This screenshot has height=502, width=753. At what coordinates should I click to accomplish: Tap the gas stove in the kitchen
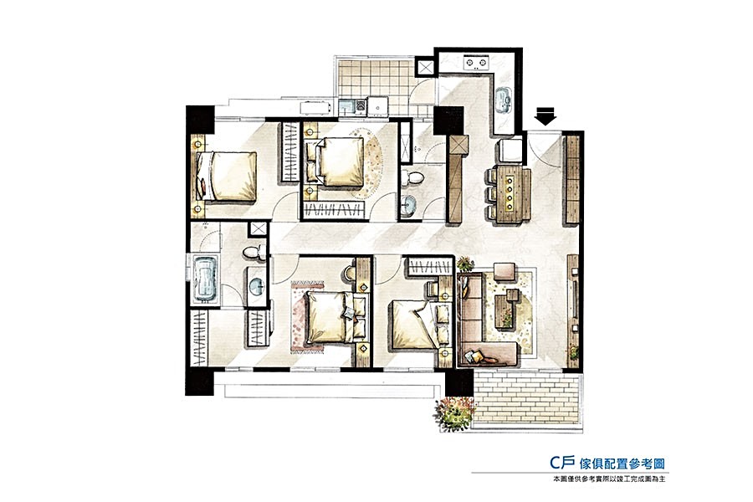coord(475,63)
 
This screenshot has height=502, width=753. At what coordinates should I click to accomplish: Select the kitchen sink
coord(504,100)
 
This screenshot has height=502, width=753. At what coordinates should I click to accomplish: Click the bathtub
coord(206,279)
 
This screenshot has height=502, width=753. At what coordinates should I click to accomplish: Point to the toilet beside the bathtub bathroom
coord(254,252)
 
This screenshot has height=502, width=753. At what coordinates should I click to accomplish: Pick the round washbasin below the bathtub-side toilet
coord(257,286)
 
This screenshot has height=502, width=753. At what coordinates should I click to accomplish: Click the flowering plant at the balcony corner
coord(455,412)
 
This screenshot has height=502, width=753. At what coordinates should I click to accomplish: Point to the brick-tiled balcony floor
coord(527,400)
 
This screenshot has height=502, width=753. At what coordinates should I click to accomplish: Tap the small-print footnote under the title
coord(609,479)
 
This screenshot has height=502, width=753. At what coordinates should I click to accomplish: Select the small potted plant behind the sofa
coord(465,264)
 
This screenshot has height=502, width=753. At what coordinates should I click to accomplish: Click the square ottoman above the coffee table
coord(504,271)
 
